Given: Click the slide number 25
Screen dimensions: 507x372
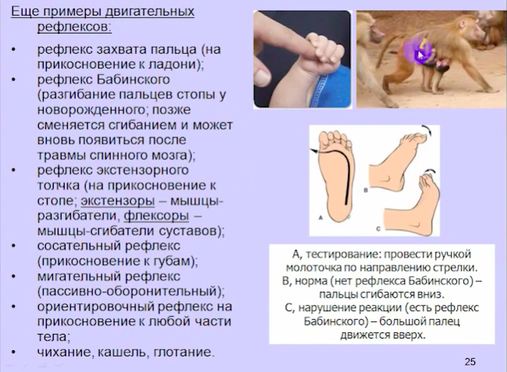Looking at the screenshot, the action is tap(470, 362).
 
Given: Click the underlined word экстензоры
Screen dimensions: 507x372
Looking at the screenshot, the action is tap(118, 200).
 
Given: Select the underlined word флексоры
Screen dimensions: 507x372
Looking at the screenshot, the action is tap(157, 215).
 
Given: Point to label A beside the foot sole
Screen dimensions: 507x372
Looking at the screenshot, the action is tap(321, 218).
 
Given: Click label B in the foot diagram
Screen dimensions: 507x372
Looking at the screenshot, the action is tap(366, 190).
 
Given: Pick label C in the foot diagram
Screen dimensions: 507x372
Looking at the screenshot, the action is tap(378, 229).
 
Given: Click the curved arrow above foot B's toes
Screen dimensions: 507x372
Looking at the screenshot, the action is tap(427, 130).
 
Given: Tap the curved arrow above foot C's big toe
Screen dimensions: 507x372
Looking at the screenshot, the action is tap(431, 171).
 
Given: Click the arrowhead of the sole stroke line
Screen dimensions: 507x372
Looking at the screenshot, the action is tap(313, 151).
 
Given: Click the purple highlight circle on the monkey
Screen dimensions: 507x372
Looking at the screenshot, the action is tap(417, 51).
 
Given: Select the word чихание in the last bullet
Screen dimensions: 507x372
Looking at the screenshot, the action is tap(65, 352).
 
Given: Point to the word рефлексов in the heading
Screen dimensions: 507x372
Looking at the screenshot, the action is tap(74, 27).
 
